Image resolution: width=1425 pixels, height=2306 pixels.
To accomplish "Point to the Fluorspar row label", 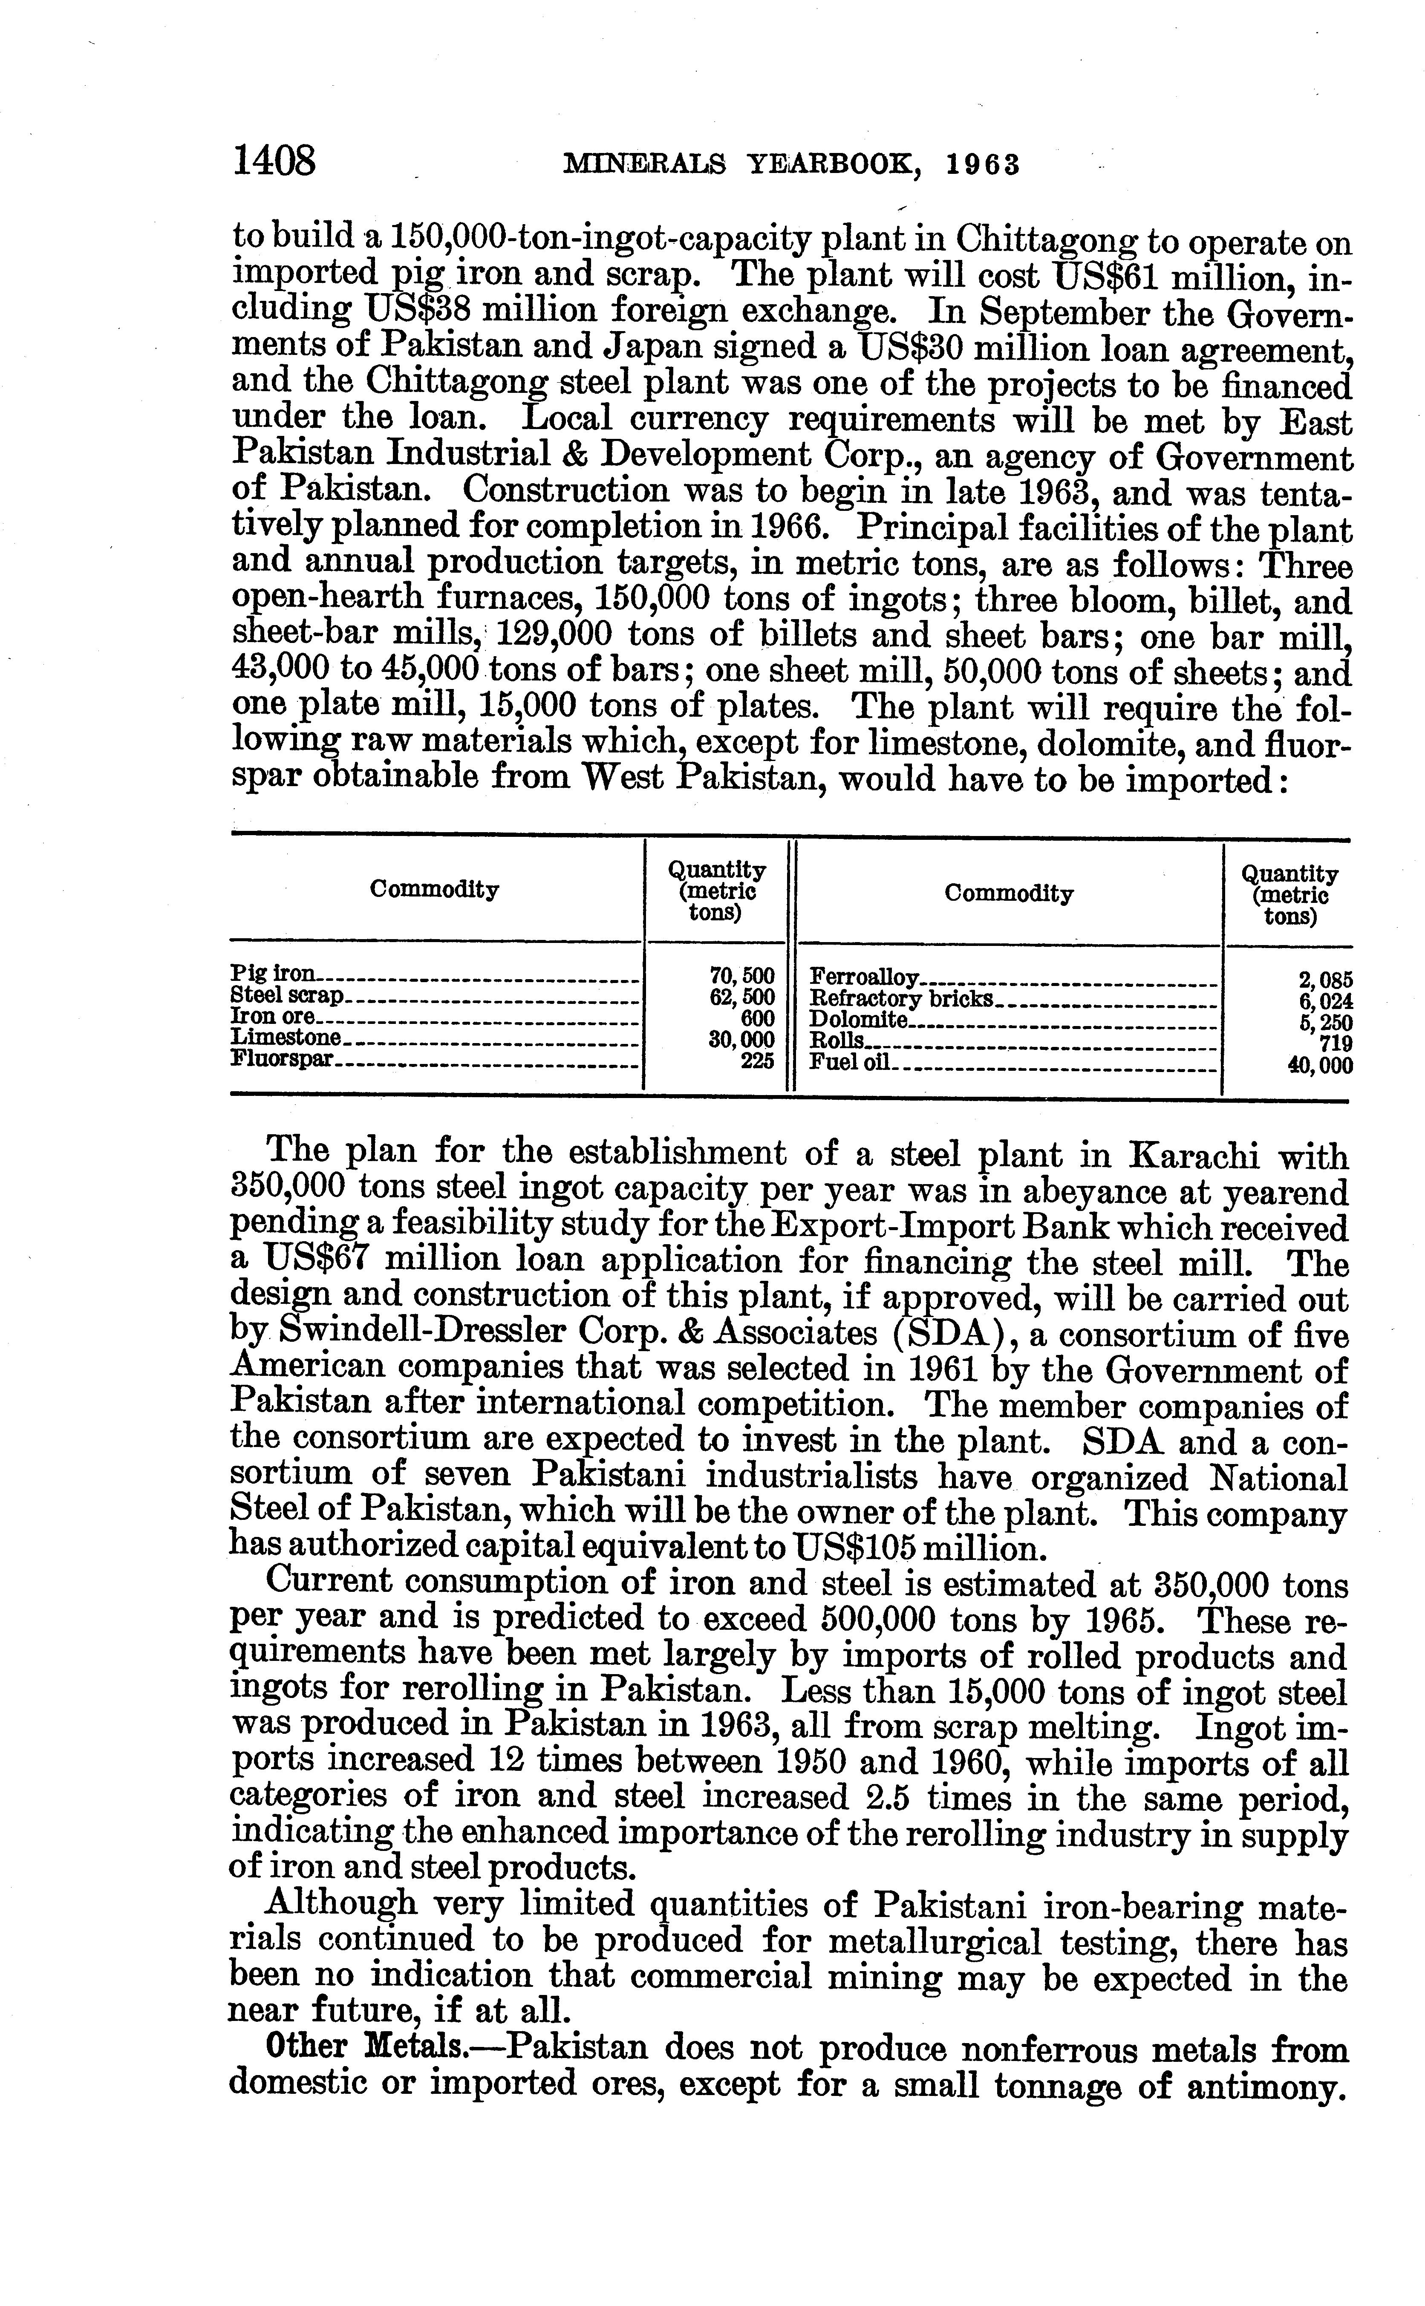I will (x=283, y=1059).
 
